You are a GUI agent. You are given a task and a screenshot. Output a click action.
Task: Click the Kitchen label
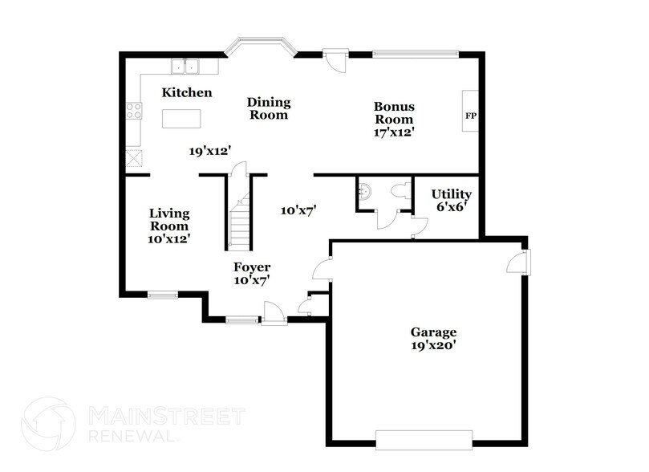tap(187, 93)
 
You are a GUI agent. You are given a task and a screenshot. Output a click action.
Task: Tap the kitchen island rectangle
tap(181, 118)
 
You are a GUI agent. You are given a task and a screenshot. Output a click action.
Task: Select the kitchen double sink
tap(188, 66)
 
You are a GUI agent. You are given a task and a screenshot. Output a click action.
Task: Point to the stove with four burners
tap(134, 112)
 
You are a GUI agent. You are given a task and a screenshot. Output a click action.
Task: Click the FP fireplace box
tap(471, 115)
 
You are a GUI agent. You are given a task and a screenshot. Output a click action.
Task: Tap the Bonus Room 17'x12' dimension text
tap(394, 132)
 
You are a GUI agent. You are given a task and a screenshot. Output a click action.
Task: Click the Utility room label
tap(451, 194)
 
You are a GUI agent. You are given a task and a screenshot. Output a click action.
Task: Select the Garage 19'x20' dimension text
tap(434, 346)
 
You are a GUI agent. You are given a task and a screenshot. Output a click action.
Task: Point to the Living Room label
tap(169, 219)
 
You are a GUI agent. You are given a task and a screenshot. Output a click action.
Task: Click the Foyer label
tap(252, 267)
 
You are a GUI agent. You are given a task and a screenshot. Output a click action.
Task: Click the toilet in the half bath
tap(402, 190)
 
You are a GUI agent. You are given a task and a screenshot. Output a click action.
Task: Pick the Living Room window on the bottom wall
tap(162, 294)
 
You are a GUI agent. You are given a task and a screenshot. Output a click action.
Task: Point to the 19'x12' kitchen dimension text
tap(210, 150)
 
